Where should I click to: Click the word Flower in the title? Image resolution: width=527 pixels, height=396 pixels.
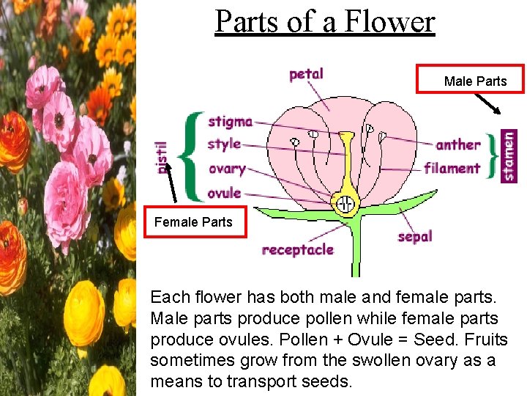coord(390,21)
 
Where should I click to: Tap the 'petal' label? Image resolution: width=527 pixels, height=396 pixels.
coord(306,74)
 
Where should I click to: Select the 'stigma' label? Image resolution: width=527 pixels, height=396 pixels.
coord(230,122)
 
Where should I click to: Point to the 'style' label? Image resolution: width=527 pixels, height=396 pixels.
coord(223,144)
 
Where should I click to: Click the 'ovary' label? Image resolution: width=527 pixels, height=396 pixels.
coord(226,169)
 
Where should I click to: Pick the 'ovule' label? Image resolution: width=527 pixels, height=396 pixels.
coord(224,193)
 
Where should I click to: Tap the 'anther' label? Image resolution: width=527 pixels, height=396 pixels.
coord(458,144)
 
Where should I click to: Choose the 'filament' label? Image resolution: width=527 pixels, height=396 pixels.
coord(452,168)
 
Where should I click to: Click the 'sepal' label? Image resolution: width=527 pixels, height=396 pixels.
coord(415,236)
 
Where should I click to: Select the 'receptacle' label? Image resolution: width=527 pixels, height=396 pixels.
coord(298,249)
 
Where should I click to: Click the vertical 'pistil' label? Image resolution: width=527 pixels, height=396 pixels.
coord(162,157)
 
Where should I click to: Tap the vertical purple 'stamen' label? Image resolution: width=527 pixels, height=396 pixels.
coord(509,155)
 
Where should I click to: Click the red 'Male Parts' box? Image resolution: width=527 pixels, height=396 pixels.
coord(471,80)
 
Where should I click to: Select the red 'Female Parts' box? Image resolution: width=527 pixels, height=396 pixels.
coord(194,221)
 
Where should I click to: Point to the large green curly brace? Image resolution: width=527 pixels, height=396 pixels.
coord(192,156)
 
